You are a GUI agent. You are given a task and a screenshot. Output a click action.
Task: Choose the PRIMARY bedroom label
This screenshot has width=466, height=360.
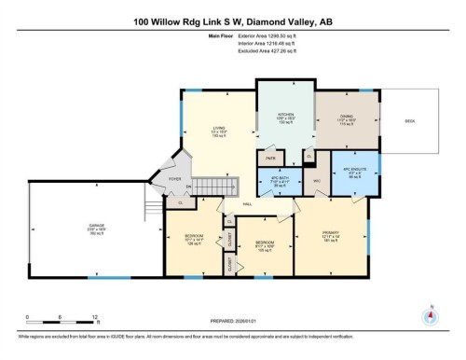(x=331, y=234)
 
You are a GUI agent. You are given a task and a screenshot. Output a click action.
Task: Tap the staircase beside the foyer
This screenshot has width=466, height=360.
(x=211, y=186)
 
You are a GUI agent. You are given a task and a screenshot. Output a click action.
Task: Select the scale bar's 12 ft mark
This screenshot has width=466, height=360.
(x=96, y=318)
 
